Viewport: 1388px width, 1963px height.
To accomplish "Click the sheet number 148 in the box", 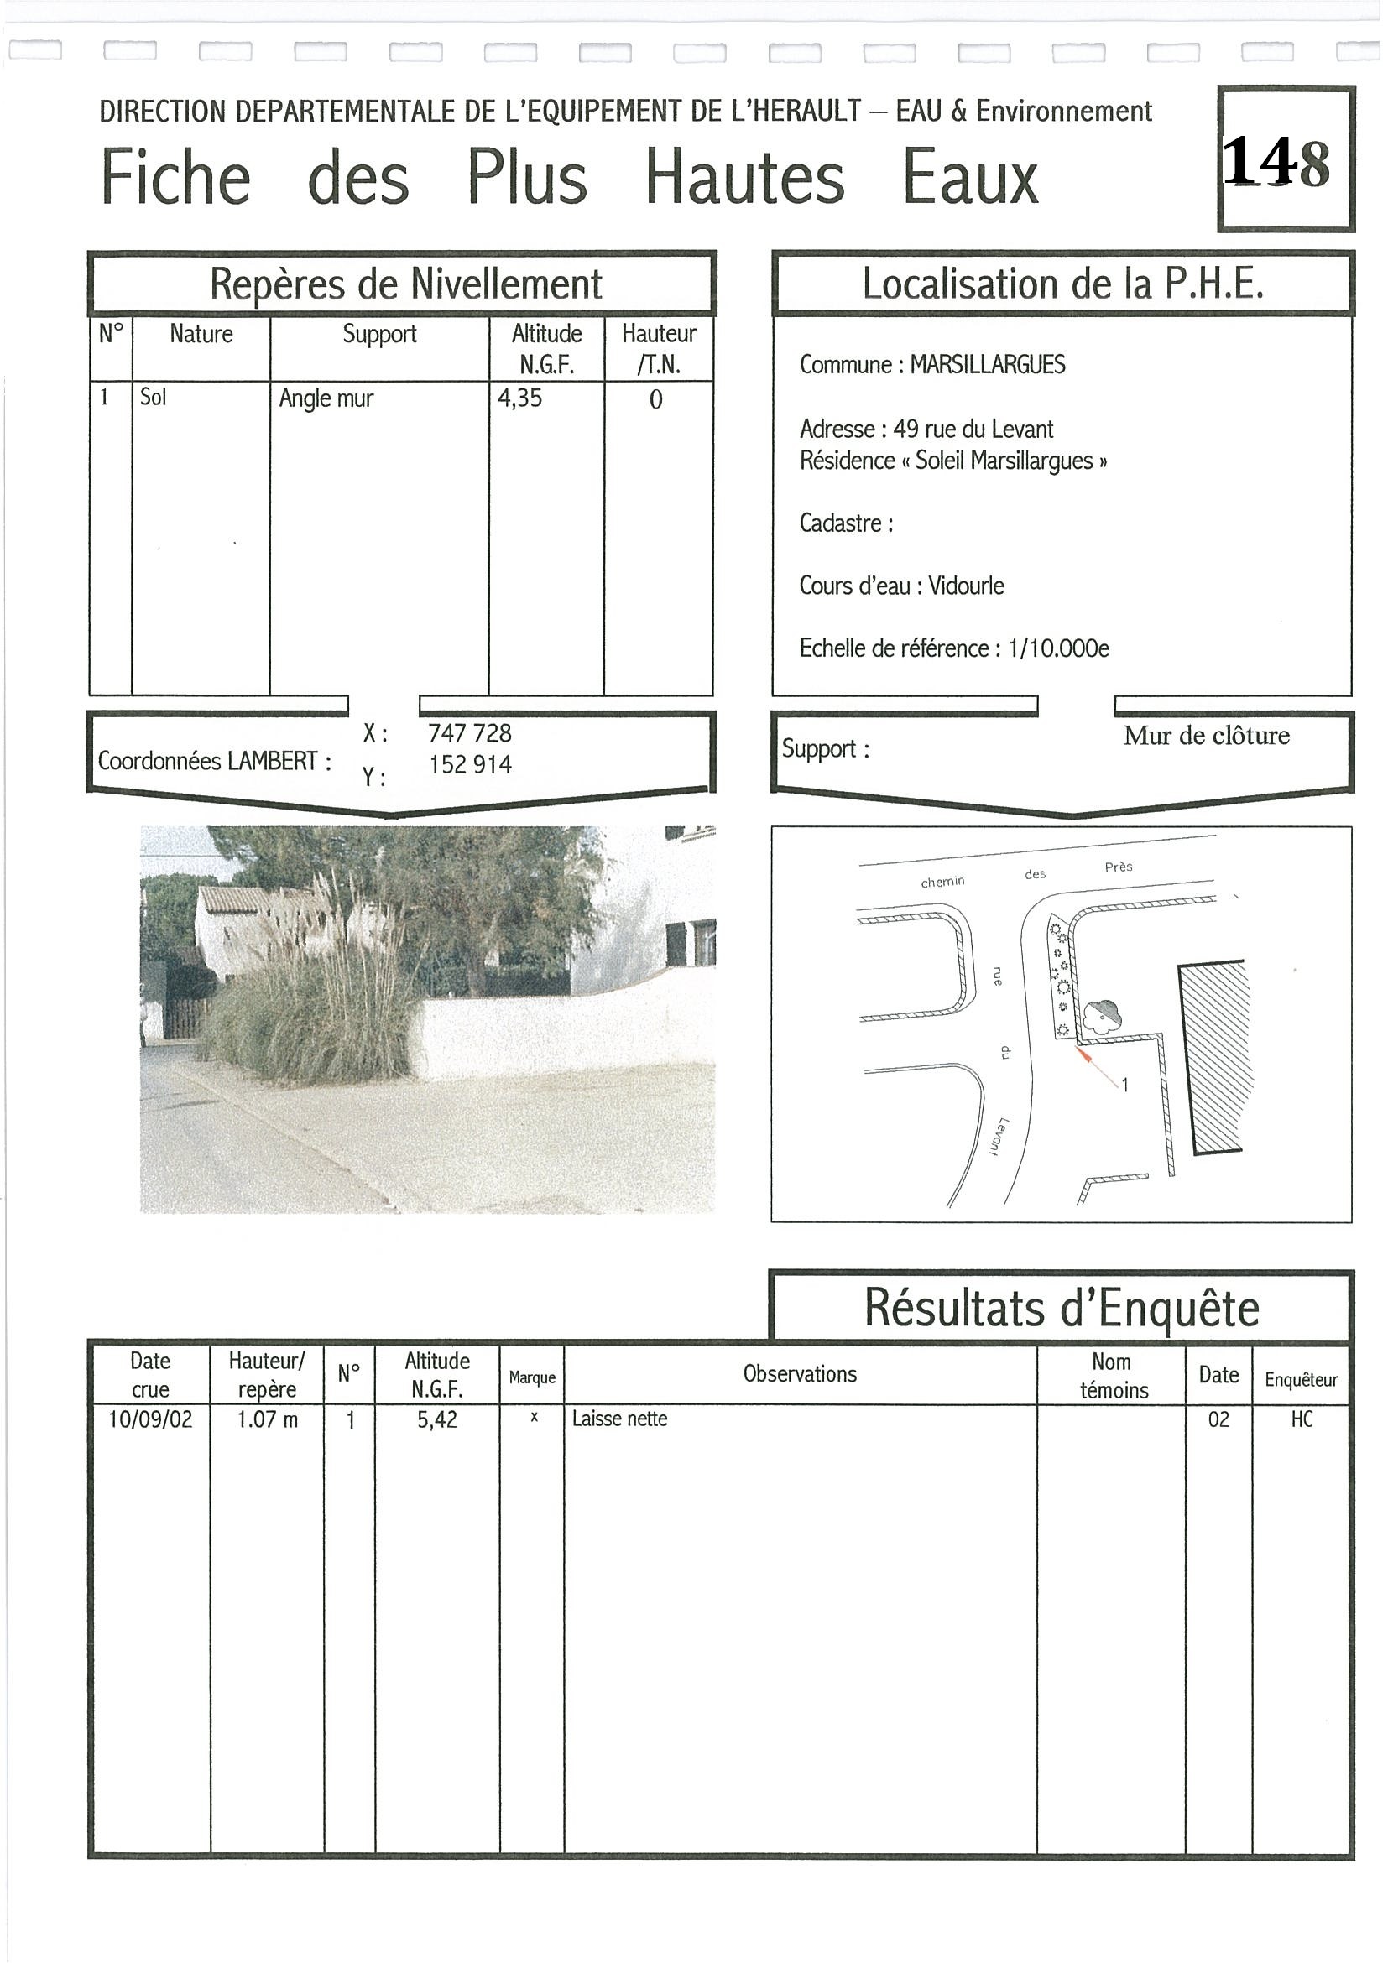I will (x=1277, y=163).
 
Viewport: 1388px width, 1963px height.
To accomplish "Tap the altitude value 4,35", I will (x=520, y=398).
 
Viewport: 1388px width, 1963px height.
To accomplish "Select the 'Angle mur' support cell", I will (x=326, y=398).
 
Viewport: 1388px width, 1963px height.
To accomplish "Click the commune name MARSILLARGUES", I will (x=987, y=365).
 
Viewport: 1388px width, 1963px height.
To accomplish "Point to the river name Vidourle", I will (x=966, y=586).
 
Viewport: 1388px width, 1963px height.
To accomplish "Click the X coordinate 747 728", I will (x=469, y=732).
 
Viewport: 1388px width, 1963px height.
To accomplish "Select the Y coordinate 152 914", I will (x=469, y=764).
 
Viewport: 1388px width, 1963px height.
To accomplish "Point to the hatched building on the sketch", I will (x=1213, y=1056).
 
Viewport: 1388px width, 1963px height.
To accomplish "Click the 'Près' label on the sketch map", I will (x=1118, y=867).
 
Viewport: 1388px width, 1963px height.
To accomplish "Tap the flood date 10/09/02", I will (x=150, y=1419).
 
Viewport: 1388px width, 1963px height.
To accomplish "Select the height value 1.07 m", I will (x=267, y=1420).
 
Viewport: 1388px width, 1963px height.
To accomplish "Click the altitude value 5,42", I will (x=437, y=1420).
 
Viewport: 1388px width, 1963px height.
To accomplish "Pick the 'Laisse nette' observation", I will (x=619, y=1419).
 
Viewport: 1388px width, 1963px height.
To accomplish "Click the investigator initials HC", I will (x=1301, y=1420).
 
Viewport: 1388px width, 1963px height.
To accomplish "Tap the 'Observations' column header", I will (x=800, y=1374).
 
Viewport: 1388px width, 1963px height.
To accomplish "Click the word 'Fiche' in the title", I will (x=176, y=178).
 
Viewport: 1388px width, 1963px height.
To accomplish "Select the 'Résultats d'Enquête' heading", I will (x=1062, y=1308).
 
